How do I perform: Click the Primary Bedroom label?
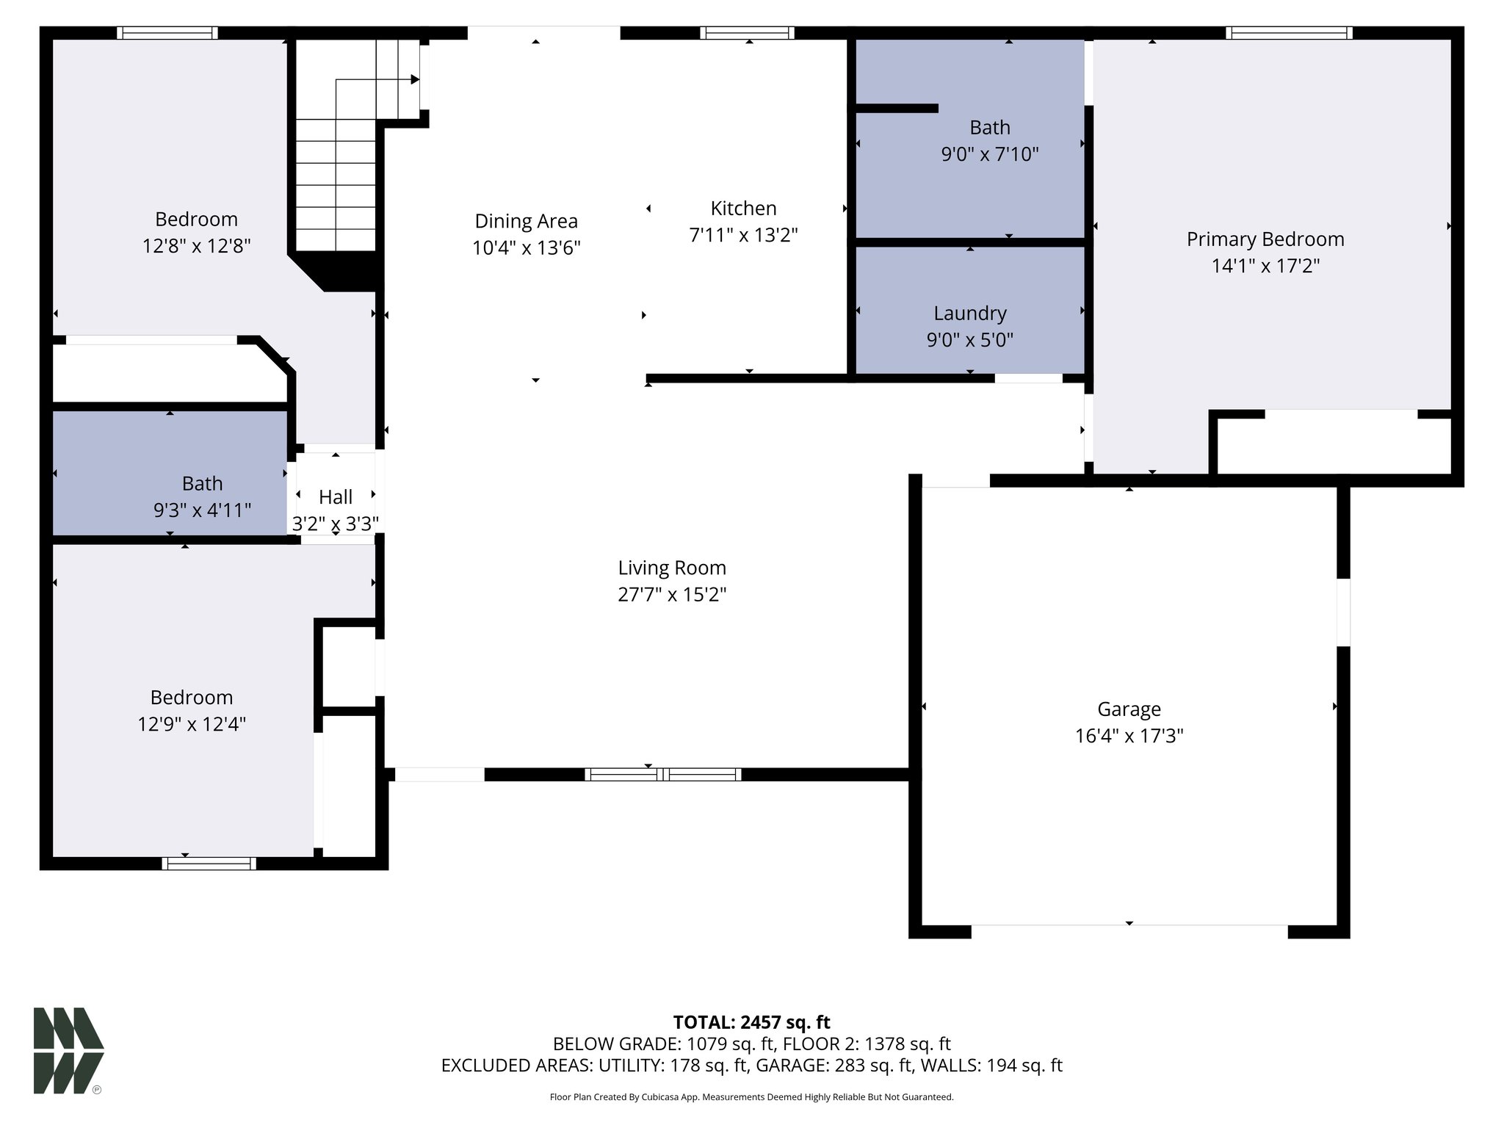pyautogui.click(x=1265, y=239)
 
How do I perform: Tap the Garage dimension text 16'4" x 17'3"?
pyautogui.click(x=1129, y=736)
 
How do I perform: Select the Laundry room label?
pyautogui.click(x=969, y=314)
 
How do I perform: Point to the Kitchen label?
pyautogui.click(x=743, y=209)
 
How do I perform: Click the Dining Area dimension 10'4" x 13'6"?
pyautogui.click(x=526, y=248)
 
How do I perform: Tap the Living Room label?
pyautogui.click(x=671, y=568)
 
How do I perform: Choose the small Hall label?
pyautogui.click(x=336, y=497)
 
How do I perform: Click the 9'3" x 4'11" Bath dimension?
pyautogui.click(x=202, y=510)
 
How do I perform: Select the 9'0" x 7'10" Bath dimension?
pyautogui.click(x=989, y=155)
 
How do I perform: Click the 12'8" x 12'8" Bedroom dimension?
pyautogui.click(x=196, y=246)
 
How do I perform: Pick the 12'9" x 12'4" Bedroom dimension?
pyautogui.click(x=191, y=725)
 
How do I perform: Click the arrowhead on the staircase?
pyautogui.click(x=415, y=79)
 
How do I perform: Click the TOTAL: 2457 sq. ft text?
pyautogui.click(x=751, y=1022)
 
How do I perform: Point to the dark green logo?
pyautogui.click(x=68, y=1050)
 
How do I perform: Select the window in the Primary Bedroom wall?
pyautogui.click(x=1289, y=33)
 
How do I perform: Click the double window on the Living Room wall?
pyautogui.click(x=662, y=774)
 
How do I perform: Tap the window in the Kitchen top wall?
pyautogui.click(x=747, y=33)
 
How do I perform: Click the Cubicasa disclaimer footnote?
pyautogui.click(x=751, y=1097)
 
